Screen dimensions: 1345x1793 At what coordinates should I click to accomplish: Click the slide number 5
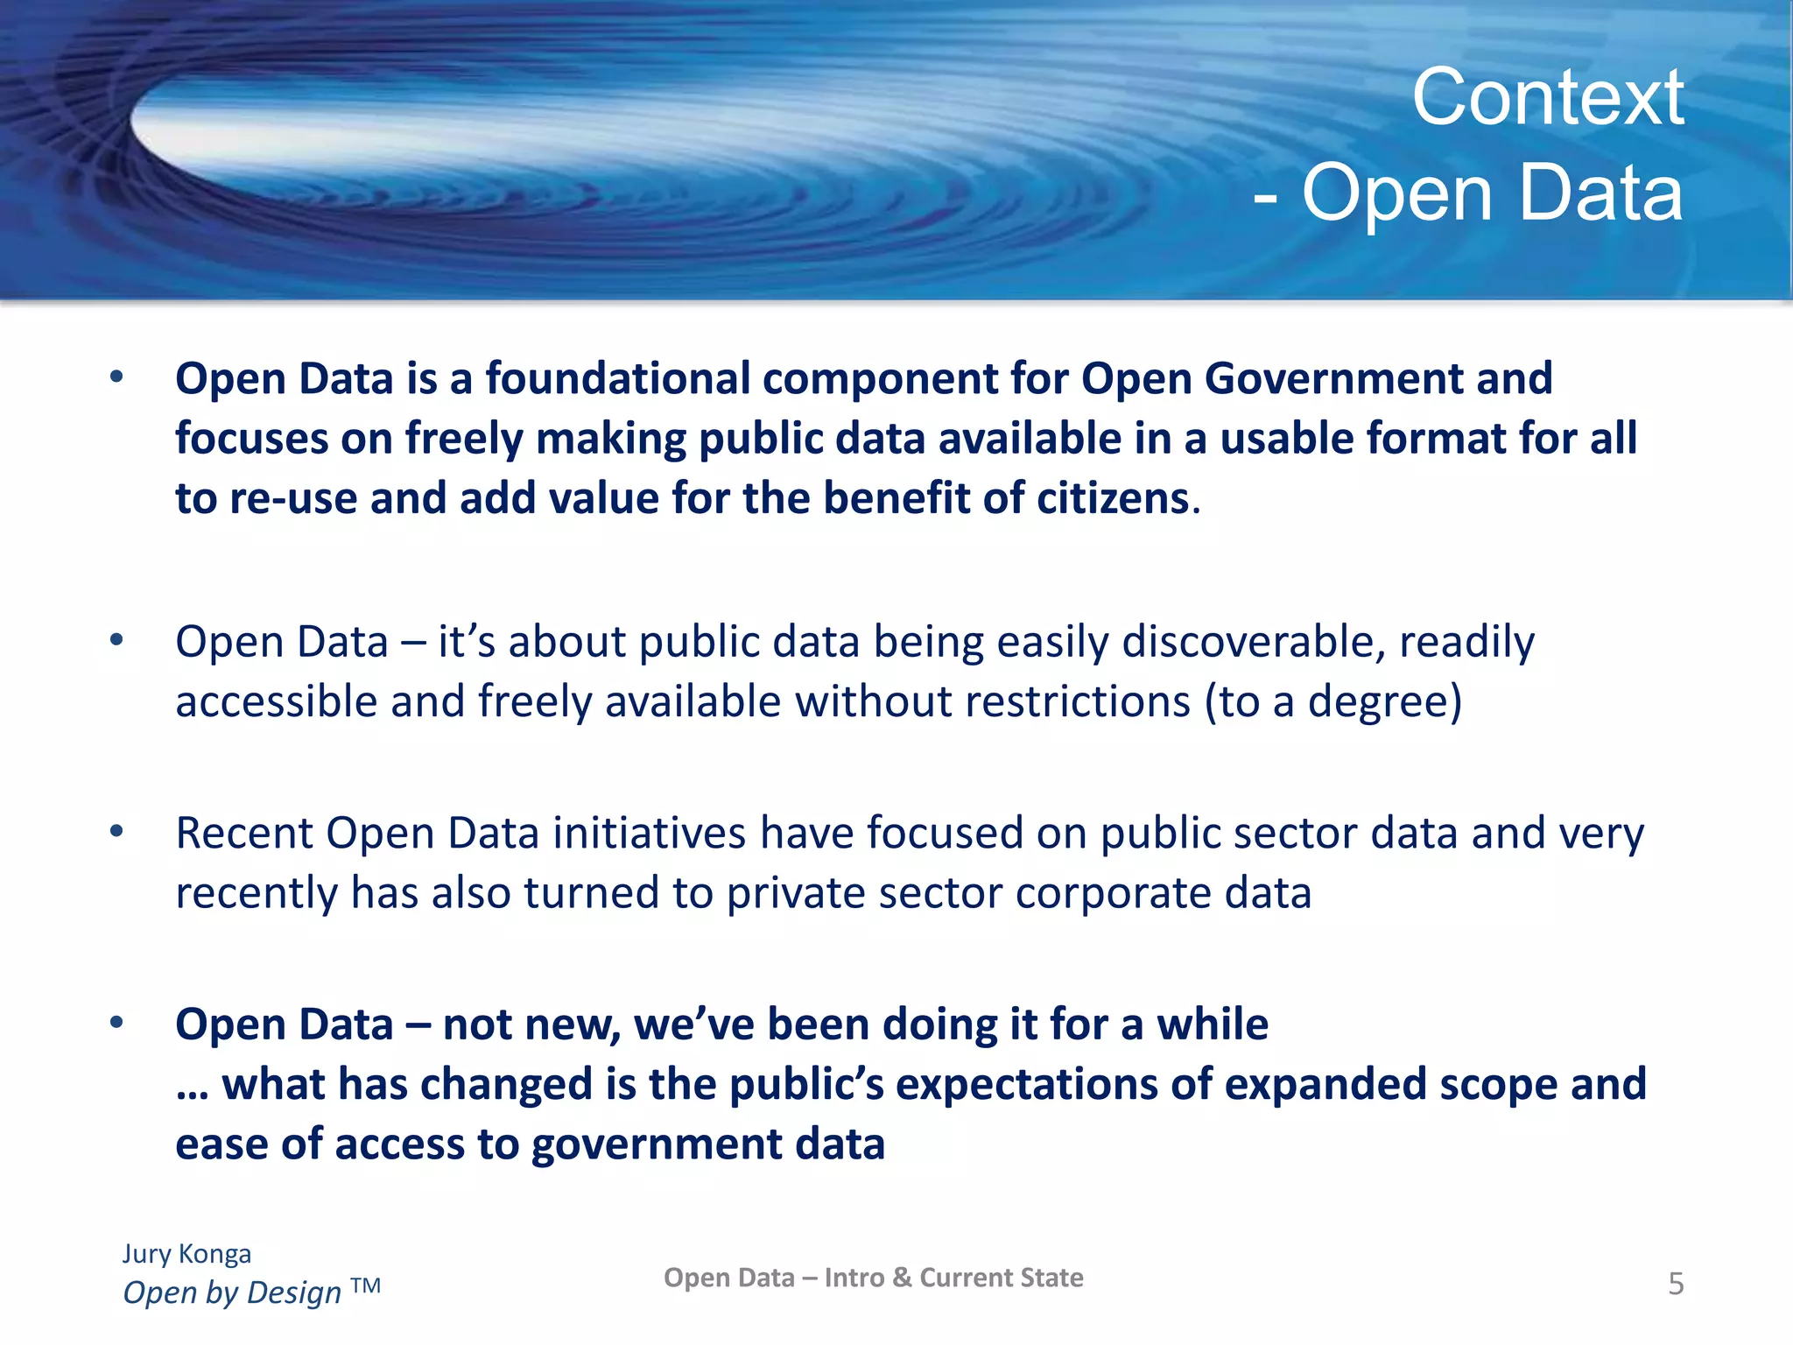1676,1284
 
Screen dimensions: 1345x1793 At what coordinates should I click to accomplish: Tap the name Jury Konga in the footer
186,1254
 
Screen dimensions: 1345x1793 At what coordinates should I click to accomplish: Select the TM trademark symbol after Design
365,1285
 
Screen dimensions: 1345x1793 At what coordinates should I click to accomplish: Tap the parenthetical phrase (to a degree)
1332,701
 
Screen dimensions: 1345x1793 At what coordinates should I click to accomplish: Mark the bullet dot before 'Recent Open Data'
116,831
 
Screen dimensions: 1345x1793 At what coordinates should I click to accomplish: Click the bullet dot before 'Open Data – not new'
116,1022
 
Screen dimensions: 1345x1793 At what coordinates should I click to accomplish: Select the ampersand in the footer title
902,1278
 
